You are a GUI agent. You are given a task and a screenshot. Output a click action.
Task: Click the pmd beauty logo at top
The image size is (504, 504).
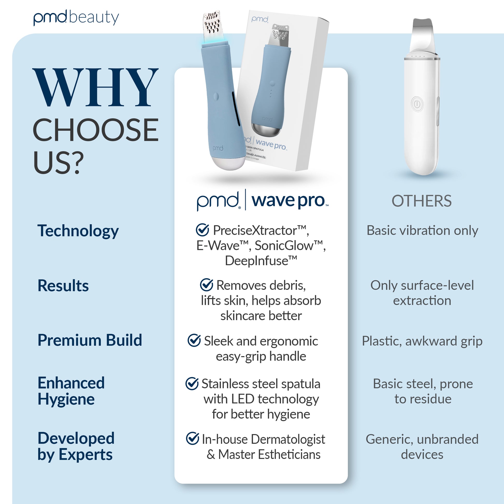[76, 18]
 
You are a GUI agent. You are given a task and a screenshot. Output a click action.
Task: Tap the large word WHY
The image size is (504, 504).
[96, 87]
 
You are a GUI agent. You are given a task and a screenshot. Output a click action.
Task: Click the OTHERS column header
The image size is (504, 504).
[422, 201]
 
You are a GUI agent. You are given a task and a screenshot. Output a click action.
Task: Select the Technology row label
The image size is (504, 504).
[78, 231]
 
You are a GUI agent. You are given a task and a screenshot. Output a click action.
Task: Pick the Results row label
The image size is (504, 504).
[63, 285]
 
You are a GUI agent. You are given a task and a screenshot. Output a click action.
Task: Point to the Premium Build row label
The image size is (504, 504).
[90, 340]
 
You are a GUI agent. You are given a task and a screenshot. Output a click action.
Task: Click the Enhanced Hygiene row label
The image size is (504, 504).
[71, 391]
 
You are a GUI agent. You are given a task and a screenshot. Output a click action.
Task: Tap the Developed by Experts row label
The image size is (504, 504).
[76, 446]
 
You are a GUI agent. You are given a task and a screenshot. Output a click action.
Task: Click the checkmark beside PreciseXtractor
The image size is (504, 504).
[203, 229]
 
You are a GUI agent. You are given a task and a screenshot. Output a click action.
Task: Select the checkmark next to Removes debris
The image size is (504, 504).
[207, 285]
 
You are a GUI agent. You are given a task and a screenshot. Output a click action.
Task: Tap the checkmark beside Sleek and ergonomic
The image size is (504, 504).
[194, 340]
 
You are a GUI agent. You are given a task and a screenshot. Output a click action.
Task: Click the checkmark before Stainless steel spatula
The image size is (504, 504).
[192, 384]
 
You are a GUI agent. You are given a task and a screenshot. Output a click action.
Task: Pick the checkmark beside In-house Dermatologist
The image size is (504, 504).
[192, 438]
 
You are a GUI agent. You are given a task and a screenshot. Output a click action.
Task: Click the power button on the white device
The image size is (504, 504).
[417, 104]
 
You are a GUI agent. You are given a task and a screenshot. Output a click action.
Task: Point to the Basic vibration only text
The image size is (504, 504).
[422, 230]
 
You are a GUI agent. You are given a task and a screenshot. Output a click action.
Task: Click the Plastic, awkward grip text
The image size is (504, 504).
[422, 341]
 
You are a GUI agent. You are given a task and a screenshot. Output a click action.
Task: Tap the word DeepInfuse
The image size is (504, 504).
[261, 261]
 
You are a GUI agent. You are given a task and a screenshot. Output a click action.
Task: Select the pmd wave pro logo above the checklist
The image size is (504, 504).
[262, 200]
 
